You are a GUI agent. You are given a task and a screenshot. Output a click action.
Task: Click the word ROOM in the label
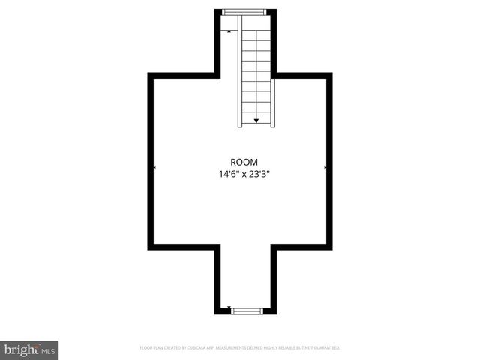[x=244, y=162]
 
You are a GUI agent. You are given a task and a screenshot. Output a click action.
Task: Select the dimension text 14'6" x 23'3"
[x=244, y=175]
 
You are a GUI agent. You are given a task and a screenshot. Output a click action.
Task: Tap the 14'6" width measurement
[x=228, y=175]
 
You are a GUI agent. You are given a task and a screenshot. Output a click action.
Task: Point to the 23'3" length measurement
[x=260, y=175]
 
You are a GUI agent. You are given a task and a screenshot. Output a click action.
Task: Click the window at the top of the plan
[x=244, y=11]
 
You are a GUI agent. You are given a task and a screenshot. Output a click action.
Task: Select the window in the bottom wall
[x=247, y=310]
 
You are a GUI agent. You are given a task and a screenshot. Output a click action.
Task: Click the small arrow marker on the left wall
[x=154, y=168]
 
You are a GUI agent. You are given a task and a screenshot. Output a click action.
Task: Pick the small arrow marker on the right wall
[x=325, y=168]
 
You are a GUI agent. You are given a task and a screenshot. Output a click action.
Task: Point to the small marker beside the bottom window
[x=229, y=307]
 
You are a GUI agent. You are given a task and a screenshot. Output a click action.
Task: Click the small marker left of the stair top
[x=229, y=31]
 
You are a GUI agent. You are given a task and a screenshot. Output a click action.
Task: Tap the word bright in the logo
[x=20, y=349]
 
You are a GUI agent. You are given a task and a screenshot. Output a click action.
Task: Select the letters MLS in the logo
[x=49, y=350]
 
